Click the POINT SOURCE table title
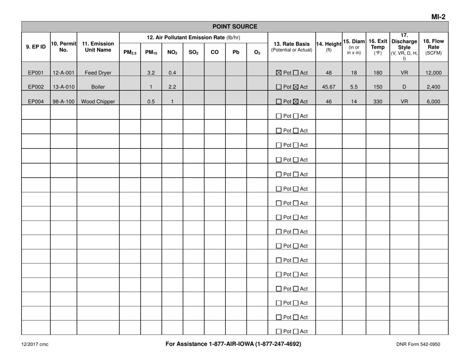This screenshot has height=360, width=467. [233, 27]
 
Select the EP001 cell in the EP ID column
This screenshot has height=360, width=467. [36, 73]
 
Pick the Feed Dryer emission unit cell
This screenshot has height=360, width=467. [98, 73]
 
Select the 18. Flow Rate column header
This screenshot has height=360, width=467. [433, 46]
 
